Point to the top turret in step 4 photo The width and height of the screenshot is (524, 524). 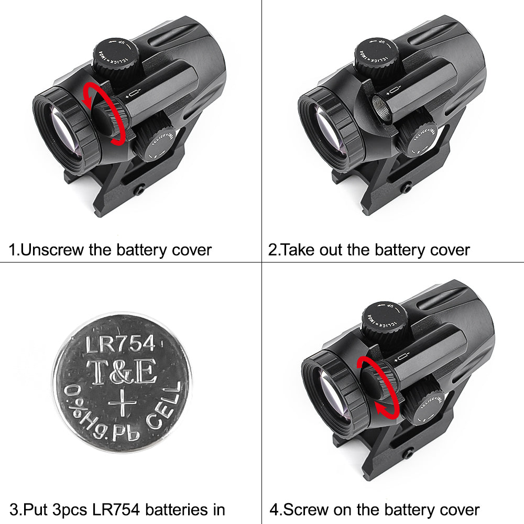(x=385, y=321)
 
